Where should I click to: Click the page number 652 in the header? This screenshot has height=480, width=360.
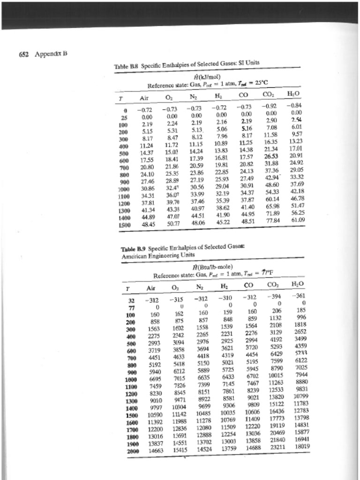(23, 53)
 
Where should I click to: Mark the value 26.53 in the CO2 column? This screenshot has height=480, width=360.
(271, 156)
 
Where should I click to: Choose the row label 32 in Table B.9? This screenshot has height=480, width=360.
(132, 300)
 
